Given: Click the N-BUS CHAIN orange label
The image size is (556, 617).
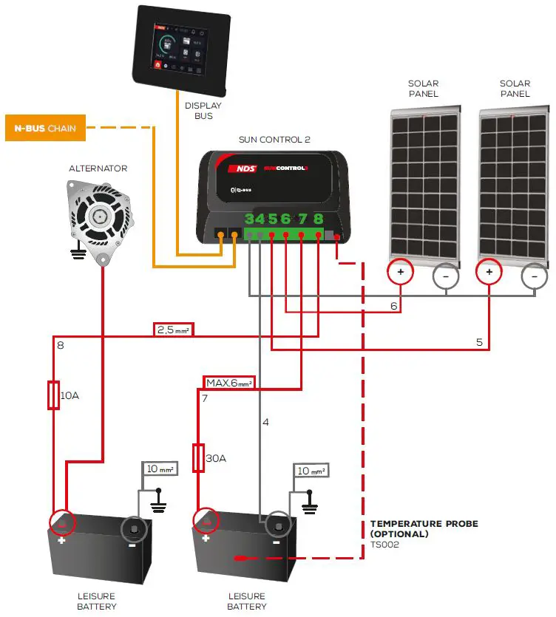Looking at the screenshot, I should (45, 128).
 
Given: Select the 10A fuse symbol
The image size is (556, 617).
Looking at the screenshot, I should (52, 395).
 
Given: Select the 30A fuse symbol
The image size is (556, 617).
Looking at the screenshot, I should (198, 458).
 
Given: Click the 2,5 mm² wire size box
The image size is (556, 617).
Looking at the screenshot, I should (174, 330).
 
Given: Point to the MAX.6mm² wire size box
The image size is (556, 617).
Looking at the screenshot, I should (229, 383).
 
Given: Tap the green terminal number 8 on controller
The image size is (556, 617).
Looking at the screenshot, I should (318, 219).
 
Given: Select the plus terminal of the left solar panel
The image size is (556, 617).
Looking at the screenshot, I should (401, 272).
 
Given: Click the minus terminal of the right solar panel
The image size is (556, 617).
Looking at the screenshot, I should (533, 277).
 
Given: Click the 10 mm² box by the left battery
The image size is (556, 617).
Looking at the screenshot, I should (161, 469).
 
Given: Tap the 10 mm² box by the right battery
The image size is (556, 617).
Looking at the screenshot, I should (311, 471).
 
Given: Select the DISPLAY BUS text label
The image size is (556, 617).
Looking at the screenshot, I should (203, 111).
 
